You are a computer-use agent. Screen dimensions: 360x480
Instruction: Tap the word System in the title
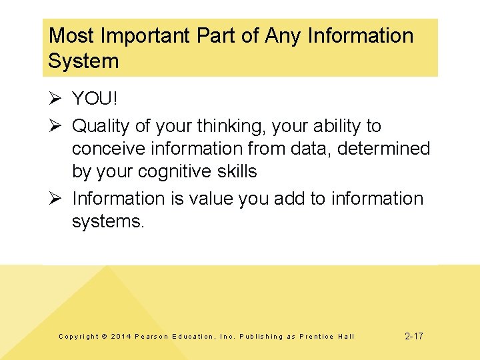[83, 61]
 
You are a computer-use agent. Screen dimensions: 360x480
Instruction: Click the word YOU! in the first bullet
[95, 99]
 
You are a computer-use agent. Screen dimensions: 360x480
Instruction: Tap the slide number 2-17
[413, 336]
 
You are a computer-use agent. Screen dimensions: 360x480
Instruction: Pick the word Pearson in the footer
[151, 337]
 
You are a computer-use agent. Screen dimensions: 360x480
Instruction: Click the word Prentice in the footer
[317, 337]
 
